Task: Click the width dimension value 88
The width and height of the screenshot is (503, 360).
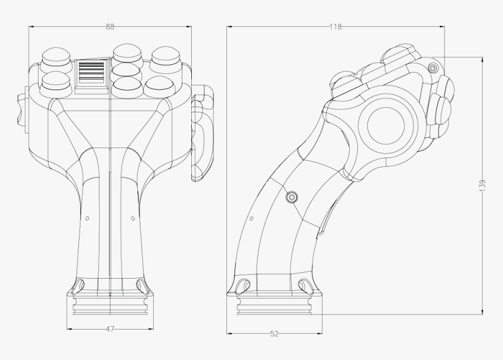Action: [x=110, y=26]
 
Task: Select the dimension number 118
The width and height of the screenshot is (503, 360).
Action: [x=335, y=26]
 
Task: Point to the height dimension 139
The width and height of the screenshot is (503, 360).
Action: [x=482, y=184]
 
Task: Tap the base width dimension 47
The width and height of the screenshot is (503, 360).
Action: [x=110, y=329]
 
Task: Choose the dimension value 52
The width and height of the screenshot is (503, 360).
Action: [x=274, y=334]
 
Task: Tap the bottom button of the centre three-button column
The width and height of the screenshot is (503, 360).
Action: [x=126, y=85]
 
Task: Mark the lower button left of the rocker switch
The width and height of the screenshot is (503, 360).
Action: [x=56, y=80]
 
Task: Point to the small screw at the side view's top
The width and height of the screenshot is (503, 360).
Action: [x=433, y=68]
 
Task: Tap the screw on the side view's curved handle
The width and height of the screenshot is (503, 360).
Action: [x=292, y=197]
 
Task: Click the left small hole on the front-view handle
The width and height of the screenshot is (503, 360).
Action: [x=87, y=218]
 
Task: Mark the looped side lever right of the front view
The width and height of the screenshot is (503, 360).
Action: [x=202, y=132]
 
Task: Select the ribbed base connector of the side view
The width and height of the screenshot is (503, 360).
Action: [x=274, y=304]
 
